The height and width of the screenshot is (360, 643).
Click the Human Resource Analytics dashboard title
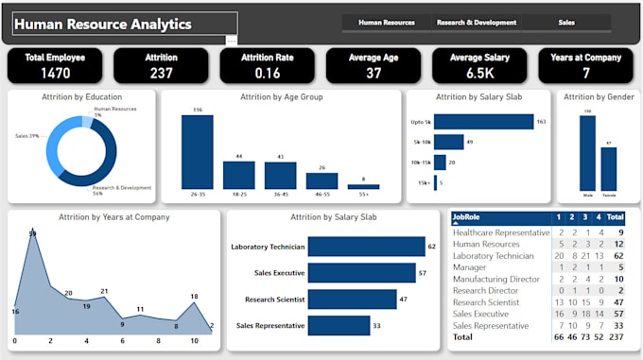[x=105, y=25]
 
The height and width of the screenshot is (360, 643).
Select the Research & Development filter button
[x=476, y=22]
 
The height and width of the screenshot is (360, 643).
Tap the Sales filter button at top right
[x=566, y=22]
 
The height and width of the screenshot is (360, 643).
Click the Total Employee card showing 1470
[x=55, y=65]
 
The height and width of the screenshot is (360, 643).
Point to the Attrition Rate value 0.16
[x=267, y=74]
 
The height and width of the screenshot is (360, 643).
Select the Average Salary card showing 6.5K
[x=479, y=65]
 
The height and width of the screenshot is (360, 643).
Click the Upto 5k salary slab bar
[x=483, y=122]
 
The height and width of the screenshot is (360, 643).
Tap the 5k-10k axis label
[x=422, y=142]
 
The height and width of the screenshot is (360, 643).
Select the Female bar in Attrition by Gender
[x=608, y=169]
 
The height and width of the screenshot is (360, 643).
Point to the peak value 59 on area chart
[x=33, y=233]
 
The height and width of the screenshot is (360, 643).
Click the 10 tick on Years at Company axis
[x=194, y=340]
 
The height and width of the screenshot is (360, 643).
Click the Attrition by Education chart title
[x=75, y=96]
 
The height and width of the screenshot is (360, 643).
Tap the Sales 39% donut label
[x=26, y=136]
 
